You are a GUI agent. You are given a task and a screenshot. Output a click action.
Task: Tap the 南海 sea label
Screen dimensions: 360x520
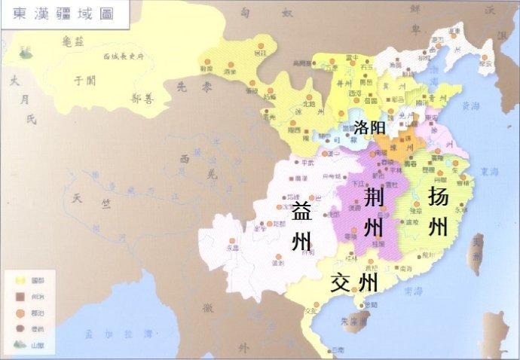[x=412, y=290]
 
